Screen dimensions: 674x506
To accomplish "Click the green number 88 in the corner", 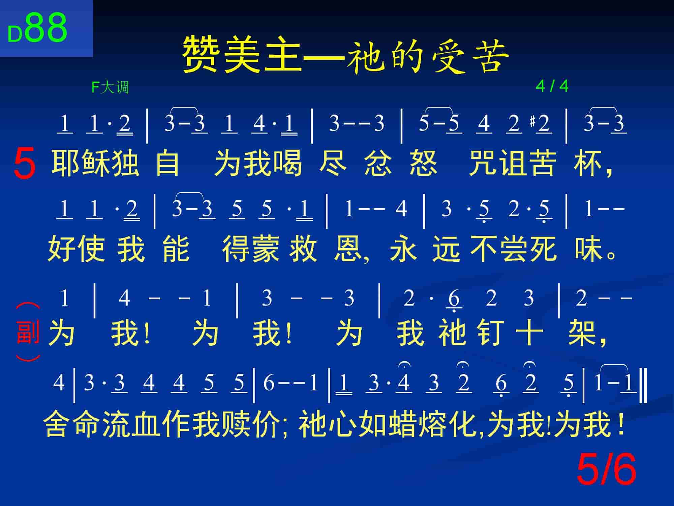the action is [46, 28].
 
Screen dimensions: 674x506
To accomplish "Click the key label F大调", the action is [110, 87].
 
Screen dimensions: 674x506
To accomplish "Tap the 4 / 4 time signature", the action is [552, 86].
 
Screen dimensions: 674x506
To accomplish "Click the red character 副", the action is [28, 332].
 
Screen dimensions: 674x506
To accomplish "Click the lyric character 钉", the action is [490, 333].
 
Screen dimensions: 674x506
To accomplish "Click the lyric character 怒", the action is [423, 163].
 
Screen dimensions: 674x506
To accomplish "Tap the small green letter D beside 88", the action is [15, 34].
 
